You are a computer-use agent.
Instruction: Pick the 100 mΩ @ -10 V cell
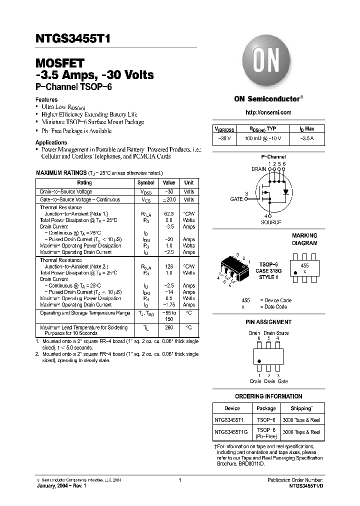pos(262,138)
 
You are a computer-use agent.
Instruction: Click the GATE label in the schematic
pos(236,198)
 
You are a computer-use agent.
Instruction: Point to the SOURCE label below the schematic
pos(270,222)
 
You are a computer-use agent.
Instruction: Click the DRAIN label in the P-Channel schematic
pos(258,169)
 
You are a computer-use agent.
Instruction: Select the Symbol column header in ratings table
pos(146,183)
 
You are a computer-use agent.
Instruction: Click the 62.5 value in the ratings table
pos(169,213)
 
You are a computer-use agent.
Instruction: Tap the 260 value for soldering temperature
pos(169,328)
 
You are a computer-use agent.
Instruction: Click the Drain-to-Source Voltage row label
pos(66,191)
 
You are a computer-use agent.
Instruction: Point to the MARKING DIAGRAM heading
pos(304,239)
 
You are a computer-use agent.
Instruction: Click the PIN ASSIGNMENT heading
pos(268,322)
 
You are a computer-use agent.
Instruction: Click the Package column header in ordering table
pos(266,408)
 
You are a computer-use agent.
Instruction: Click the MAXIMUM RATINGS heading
pos(61,172)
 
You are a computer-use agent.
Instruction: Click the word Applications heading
pos(51,143)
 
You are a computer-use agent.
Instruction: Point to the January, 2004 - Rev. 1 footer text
pos(63,485)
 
